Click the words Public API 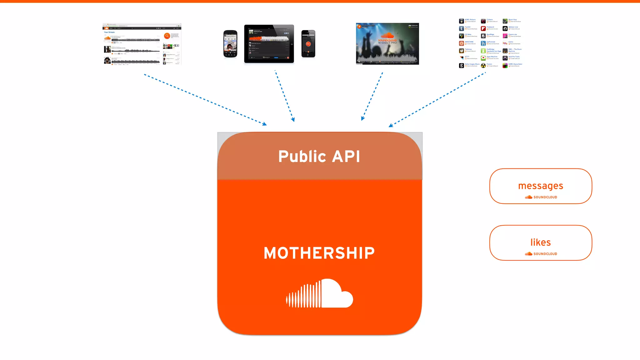pyautogui.click(x=319, y=156)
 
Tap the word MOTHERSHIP pyautogui.click(x=319, y=253)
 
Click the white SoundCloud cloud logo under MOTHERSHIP pyautogui.click(x=320, y=293)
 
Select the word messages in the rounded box pyautogui.click(x=541, y=186)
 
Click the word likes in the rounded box pyautogui.click(x=541, y=242)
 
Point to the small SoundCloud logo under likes pyautogui.click(x=541, y=254)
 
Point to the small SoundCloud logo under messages pyautogui.click(x=541, y=197)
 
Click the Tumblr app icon pyautogui.click(x=461, y=28)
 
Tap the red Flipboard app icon pyautogui.click(x=483, y=28)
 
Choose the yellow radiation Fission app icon pyautogui.click(x=483, y=65)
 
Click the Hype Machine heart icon pyautogui.click(x=483, y=58)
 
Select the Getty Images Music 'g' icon pyautogui.click(x=461, y=65)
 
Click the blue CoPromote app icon pyautogui.click(x=483, y=43)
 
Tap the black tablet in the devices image pyautogui.click(x=269, y=43)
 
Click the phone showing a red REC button pyautogui.click(x=308, y=44)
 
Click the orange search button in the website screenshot pyautogui.click(x=167, y=36)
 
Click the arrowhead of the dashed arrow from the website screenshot pyautogui.click(x=265, y=124)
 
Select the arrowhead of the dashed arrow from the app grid pyautogui.click(x=391, y=126)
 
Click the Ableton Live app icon pyautogui.click(x=505, y=28)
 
